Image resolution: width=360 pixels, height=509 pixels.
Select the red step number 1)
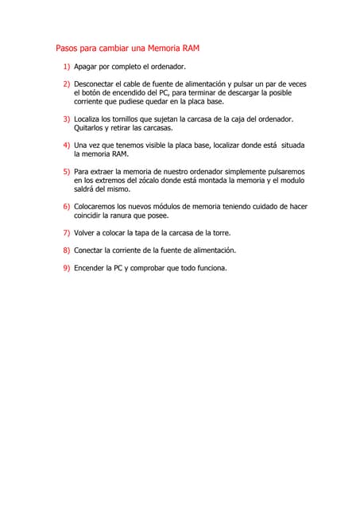pos(67,68)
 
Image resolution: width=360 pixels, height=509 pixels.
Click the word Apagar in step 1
pos(86,68)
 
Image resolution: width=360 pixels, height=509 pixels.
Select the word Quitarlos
pos(91,128)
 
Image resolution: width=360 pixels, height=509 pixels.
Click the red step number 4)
pos(67,146)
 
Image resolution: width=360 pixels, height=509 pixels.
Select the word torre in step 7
pos(220,233)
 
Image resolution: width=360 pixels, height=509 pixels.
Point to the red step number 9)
pos(67,268)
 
